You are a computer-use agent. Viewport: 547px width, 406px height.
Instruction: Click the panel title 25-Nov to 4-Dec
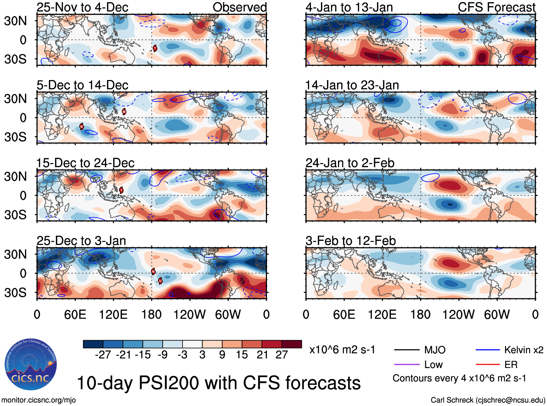(82, 7)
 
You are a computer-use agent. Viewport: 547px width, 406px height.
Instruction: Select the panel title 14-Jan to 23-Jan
(352, 85)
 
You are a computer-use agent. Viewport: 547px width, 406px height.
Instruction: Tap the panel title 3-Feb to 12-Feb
(350, 241)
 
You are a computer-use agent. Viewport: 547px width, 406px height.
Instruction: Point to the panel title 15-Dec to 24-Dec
(85, 163)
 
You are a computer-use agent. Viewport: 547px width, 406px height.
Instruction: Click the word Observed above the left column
(239, 7)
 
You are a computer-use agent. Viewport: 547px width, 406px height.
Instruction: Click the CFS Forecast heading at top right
(496, 7)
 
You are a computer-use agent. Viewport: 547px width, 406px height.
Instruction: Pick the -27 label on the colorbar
(103, 355)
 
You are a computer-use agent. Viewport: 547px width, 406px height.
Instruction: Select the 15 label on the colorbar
(242, 355)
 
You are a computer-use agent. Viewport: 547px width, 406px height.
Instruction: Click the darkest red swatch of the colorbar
(292, 344)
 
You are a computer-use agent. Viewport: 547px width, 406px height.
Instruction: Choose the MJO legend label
(435, 350)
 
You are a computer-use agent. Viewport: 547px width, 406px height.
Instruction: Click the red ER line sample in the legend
(488, 364)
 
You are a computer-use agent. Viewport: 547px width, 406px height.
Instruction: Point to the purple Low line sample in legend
(406, 364)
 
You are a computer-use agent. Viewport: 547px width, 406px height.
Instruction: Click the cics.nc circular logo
(30, 364)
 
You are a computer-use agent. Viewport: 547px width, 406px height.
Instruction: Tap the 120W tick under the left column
(189, 314)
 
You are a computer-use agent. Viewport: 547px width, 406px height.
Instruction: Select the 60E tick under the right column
(344, 314)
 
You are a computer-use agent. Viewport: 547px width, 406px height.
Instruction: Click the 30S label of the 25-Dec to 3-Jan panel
(15, 292)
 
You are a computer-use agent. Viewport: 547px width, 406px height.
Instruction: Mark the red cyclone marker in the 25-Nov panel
(155, 48)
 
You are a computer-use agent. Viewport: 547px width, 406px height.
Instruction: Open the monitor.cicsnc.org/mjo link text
(38, 400)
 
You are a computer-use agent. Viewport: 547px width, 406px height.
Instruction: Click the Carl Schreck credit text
(488, 400)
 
